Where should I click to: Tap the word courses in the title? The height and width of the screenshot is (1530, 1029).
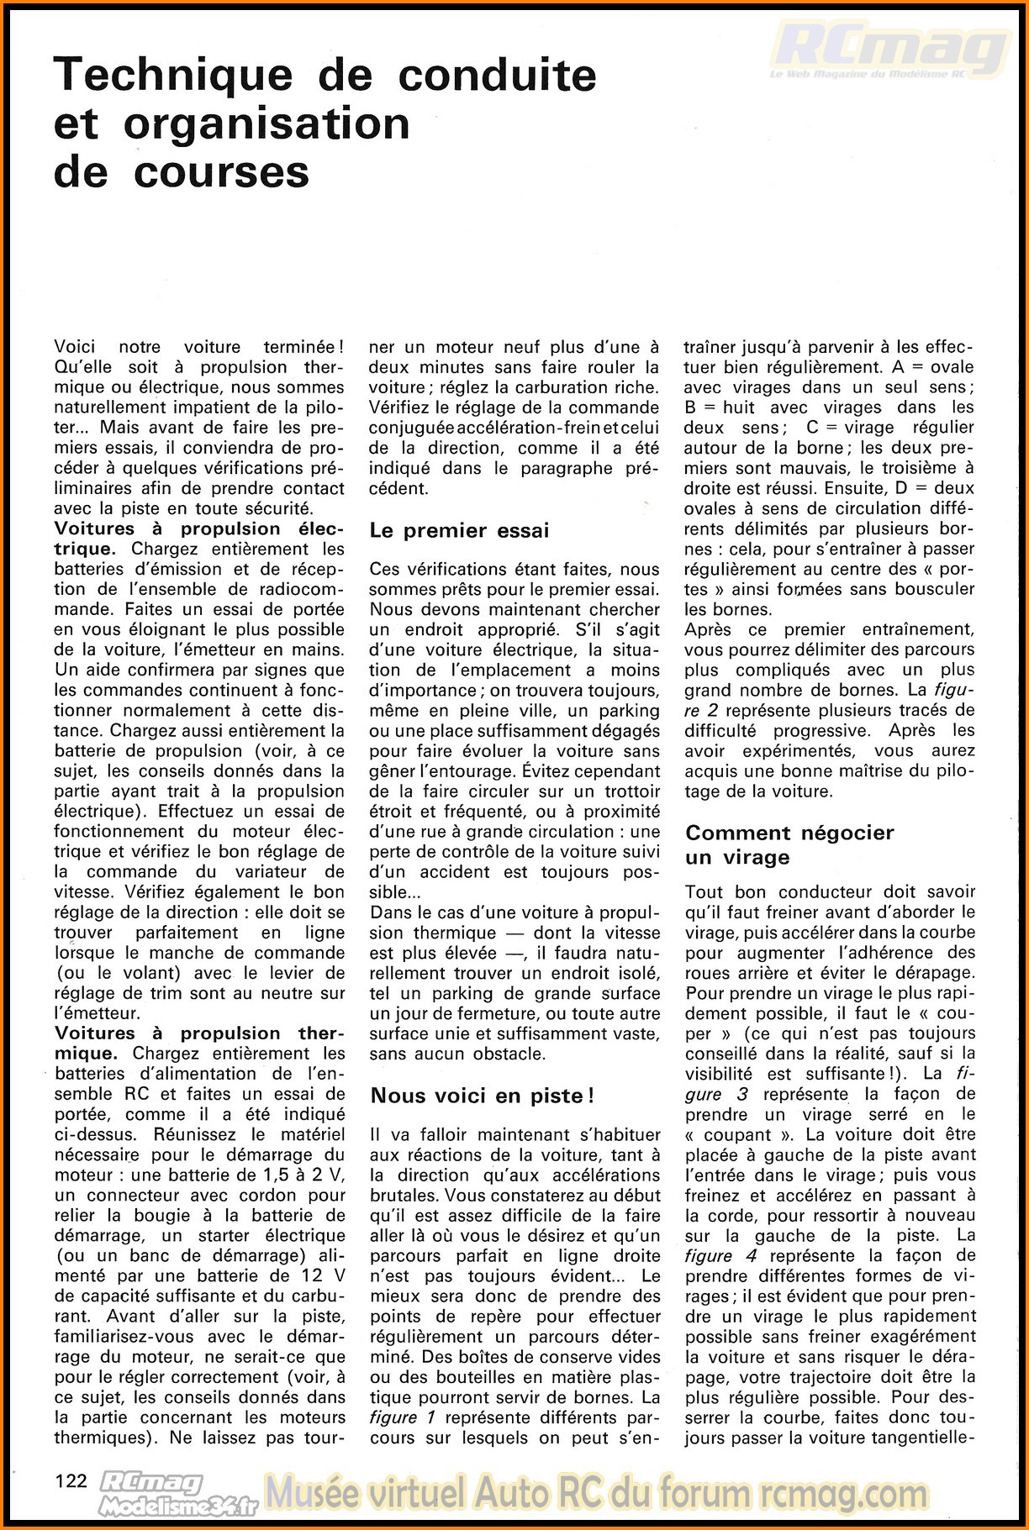pos(221,173)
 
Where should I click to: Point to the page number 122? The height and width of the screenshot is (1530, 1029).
pos(71,1480)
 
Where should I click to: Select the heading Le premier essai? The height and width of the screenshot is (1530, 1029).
pos(459,531)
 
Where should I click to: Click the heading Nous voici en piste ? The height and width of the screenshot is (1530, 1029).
pos(482,1096)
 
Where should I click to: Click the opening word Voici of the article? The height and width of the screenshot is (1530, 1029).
pos(75,347)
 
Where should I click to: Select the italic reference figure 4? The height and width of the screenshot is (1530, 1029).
pos(720,1255)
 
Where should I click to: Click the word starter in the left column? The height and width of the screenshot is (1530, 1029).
pos(223,1235)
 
